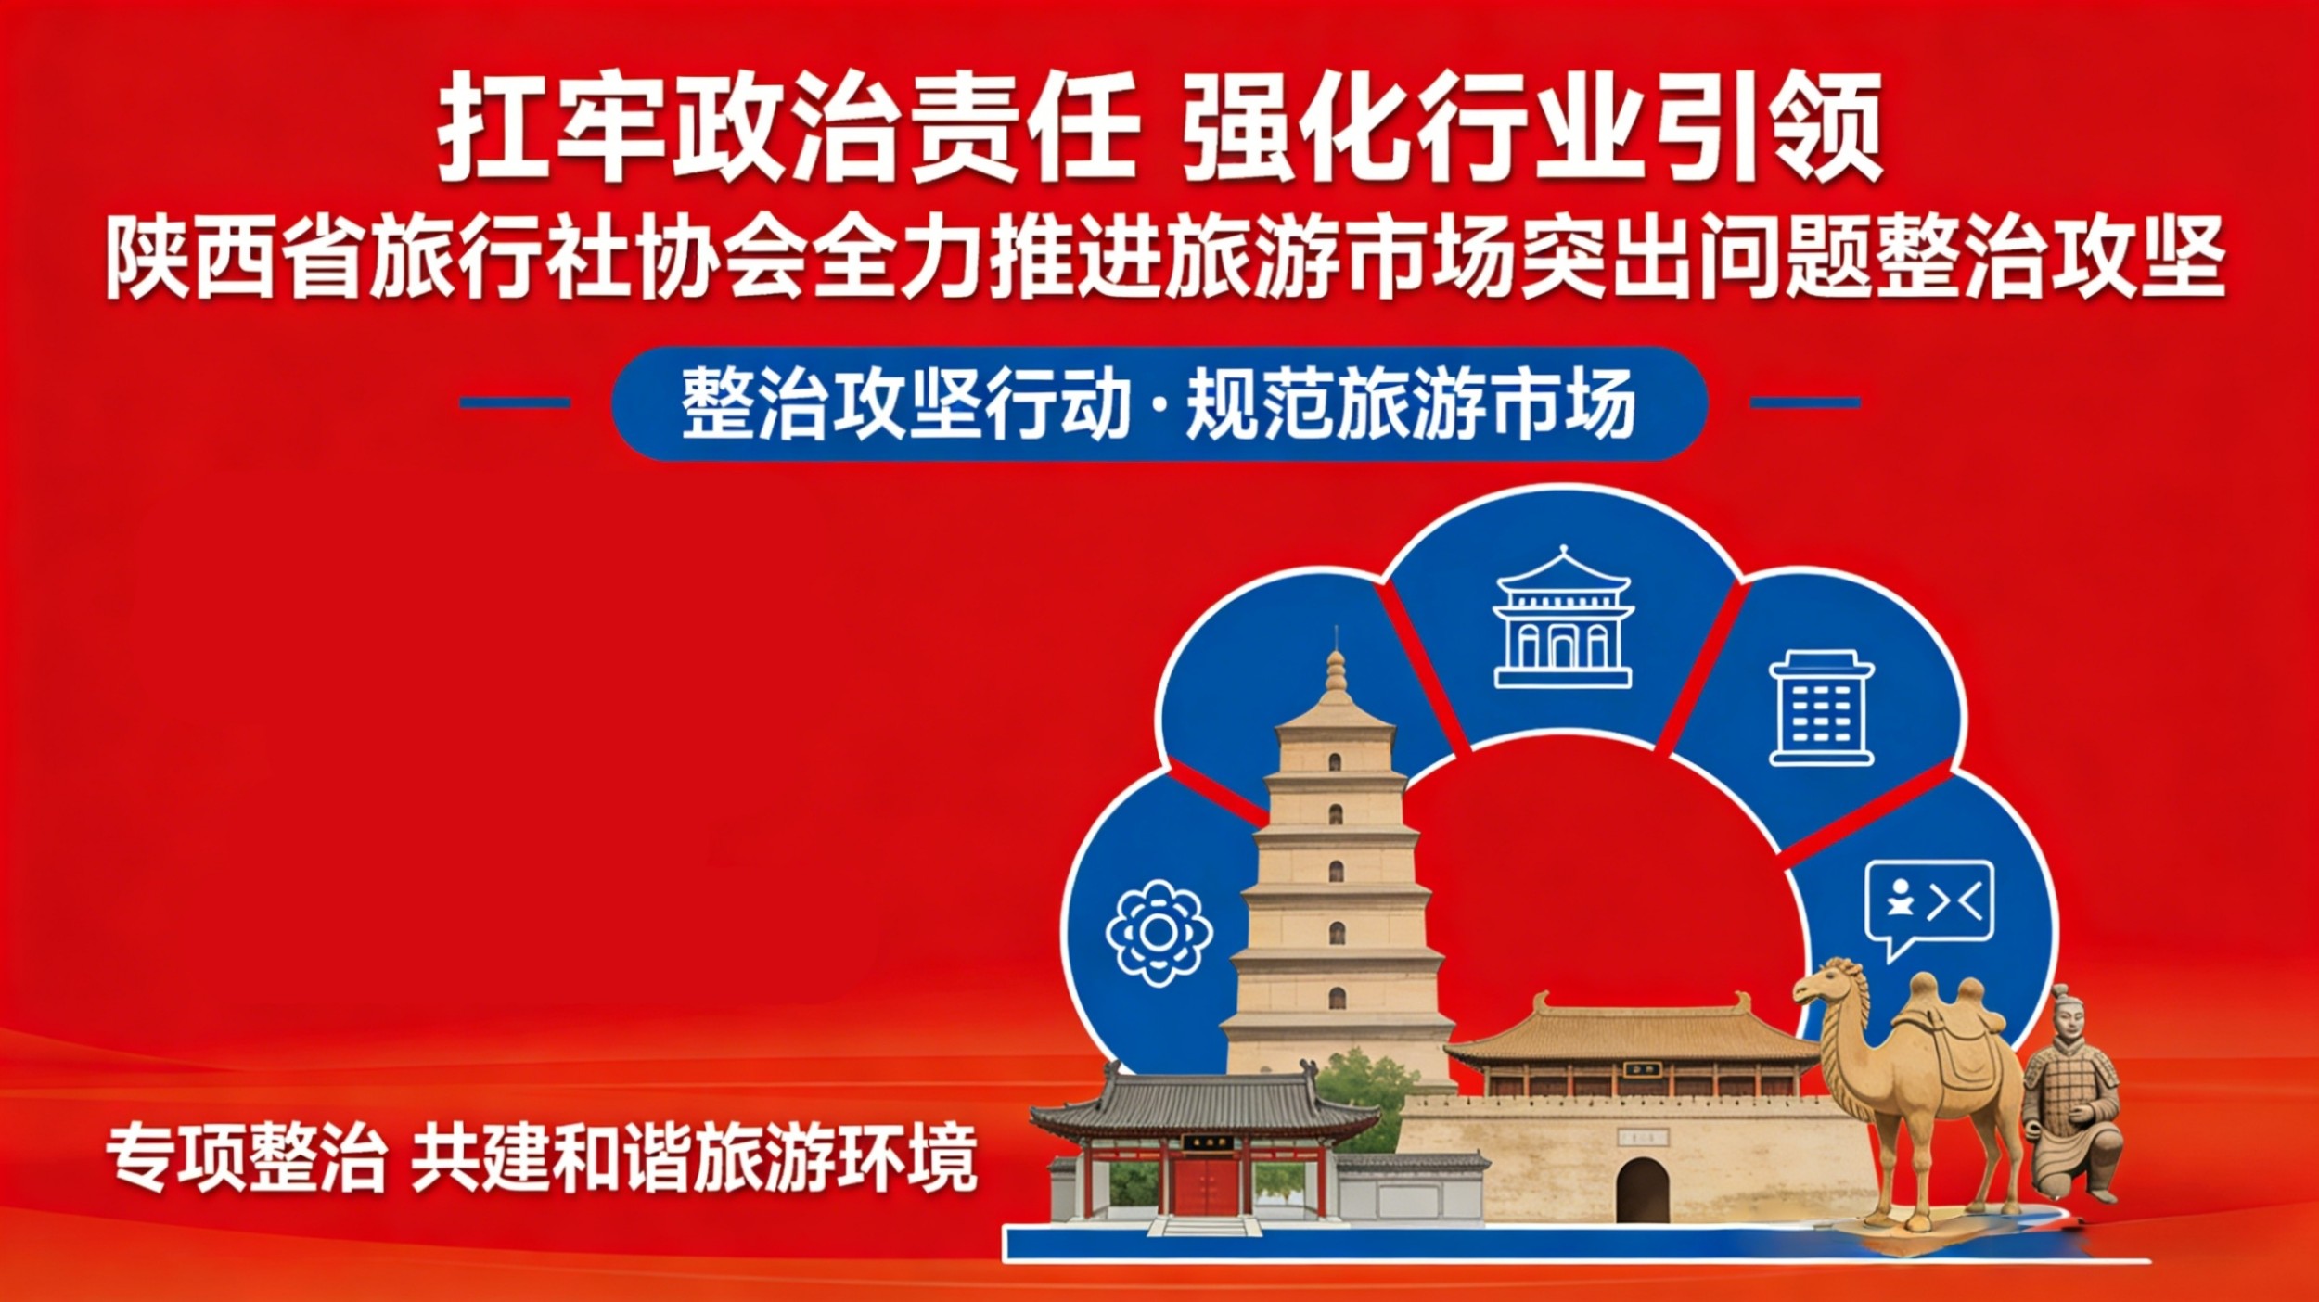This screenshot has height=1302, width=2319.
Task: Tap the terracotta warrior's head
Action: coord(2067,1013)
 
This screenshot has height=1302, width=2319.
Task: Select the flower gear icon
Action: coord(1159,932)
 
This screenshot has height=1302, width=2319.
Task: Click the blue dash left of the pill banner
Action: coord(515,402)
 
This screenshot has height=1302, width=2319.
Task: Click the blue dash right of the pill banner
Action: coord(1805,402)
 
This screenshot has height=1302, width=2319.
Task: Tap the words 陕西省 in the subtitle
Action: coord(232,257)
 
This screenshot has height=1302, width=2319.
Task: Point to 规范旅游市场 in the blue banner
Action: coord(1410,404)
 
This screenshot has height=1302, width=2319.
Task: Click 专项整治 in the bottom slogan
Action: coord(246,1159)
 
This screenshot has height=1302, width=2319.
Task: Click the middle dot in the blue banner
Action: coord(1160,406)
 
